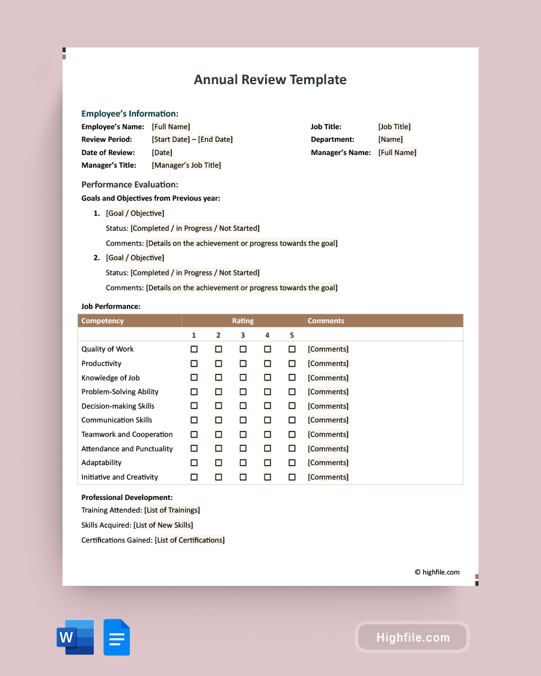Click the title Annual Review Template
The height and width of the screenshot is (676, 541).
[270, 80]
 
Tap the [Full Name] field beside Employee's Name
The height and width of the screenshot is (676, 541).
[171, 127]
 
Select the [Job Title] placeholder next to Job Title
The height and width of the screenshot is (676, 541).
[394, 127]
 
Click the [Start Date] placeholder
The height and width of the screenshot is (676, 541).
[171, 139]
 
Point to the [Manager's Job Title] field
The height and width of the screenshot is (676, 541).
[186, 165]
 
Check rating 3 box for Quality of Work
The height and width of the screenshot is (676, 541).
[243, 349]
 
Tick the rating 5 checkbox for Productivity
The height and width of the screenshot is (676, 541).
[292, 364]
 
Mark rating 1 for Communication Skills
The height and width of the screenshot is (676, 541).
[194, 420]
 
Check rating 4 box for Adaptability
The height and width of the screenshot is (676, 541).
[267, 463]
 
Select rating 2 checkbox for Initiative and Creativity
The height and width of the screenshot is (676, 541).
[219, 477]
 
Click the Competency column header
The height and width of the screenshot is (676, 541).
[103, 321]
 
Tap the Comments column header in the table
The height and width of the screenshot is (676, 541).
[326, 321]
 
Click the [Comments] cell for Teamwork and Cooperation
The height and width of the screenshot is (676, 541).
[328, 434]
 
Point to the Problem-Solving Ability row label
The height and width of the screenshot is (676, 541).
[120, 392]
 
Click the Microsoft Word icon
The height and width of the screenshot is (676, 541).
[75, 637]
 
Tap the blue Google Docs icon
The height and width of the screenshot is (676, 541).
[117, 637]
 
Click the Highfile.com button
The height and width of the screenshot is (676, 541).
[412, 638]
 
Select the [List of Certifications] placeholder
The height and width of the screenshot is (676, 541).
[189, 540]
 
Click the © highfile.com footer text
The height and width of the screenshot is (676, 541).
[437, 572]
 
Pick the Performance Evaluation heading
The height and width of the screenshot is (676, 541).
[130, 184]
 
